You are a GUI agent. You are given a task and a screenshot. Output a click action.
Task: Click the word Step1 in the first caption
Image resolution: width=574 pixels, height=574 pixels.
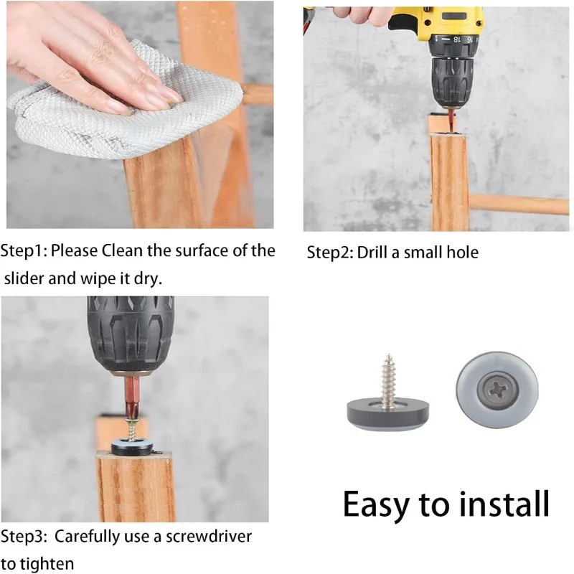coord(24,251)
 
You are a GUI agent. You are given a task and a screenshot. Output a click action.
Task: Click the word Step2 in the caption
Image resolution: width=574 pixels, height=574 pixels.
coord(330,253)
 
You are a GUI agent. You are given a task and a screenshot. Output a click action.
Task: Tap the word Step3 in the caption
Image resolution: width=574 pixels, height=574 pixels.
coord(24,537)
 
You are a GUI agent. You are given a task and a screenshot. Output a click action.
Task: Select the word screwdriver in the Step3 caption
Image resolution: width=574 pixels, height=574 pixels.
coord(209,536)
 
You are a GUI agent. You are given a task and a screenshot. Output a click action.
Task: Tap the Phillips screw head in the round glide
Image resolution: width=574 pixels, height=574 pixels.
coord(497,390)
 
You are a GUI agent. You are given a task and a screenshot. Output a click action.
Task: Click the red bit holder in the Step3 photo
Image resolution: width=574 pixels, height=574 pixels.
coord(131,397)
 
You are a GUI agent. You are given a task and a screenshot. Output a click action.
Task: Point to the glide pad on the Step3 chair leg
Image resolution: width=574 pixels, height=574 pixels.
coord(133,447)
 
